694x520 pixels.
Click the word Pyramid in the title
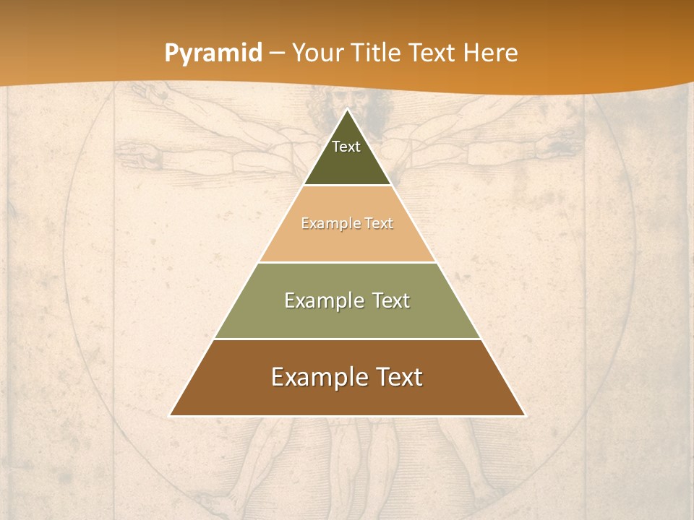[x=213, y=53]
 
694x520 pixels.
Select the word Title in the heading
[x=377, y=53]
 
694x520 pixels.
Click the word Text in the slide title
[x=433, y=53]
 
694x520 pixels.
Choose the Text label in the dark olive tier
[x=346, y=147]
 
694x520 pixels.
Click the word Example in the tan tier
[x=325, y=224]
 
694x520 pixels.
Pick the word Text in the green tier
[x=388, y=301]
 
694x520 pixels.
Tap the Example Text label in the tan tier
[x=347, y=224]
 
